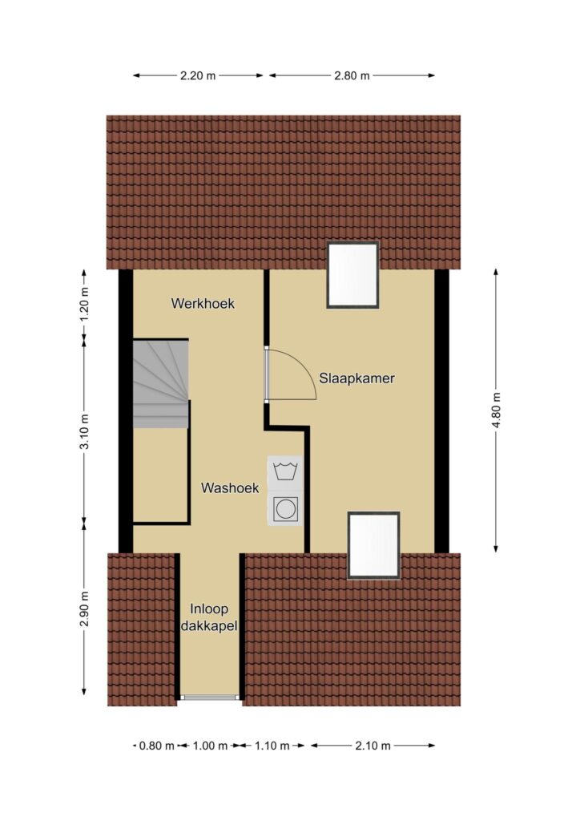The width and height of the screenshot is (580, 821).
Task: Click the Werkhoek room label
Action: [x=203, y=304]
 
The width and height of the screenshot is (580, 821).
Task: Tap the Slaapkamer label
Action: [x=356, y=378]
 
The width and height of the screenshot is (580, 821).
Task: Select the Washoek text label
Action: [x=230, y=488]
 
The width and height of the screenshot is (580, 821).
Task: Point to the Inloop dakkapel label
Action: [x=208, y=617]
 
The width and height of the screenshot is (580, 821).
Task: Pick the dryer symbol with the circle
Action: [x=285, y=508]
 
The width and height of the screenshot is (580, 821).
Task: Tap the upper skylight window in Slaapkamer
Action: [x=352, y=275]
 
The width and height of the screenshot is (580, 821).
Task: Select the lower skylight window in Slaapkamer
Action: [x=374, y=545]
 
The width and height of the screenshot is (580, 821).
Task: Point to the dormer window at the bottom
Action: [x=209, y=697]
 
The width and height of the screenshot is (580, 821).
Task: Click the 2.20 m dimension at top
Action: [x=198, y=76]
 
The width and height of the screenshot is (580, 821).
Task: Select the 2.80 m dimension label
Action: [x=352, y=76]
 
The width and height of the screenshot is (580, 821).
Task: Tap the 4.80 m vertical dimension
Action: [x=496, y=410]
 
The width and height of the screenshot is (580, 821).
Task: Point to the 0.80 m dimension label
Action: [x=157, y=746]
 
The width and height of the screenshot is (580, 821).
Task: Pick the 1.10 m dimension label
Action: [x=272, y=746]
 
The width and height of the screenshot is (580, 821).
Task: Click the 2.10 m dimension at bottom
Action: [x=373, y=746]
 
